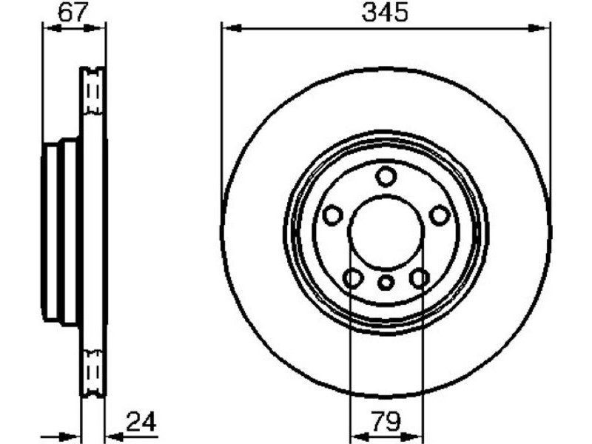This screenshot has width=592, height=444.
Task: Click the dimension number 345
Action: point(385,13)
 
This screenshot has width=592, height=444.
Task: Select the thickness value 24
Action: point(141,422)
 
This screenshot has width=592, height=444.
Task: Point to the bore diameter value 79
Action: point(386,421)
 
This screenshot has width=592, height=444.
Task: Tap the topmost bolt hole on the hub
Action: point(386,177)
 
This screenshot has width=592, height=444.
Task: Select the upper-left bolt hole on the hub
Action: point(332,215)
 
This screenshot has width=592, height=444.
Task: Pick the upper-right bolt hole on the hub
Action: point(440,215)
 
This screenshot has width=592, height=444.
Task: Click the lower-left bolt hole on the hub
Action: point(353,279)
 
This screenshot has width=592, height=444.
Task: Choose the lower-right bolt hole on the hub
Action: point(419,279)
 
